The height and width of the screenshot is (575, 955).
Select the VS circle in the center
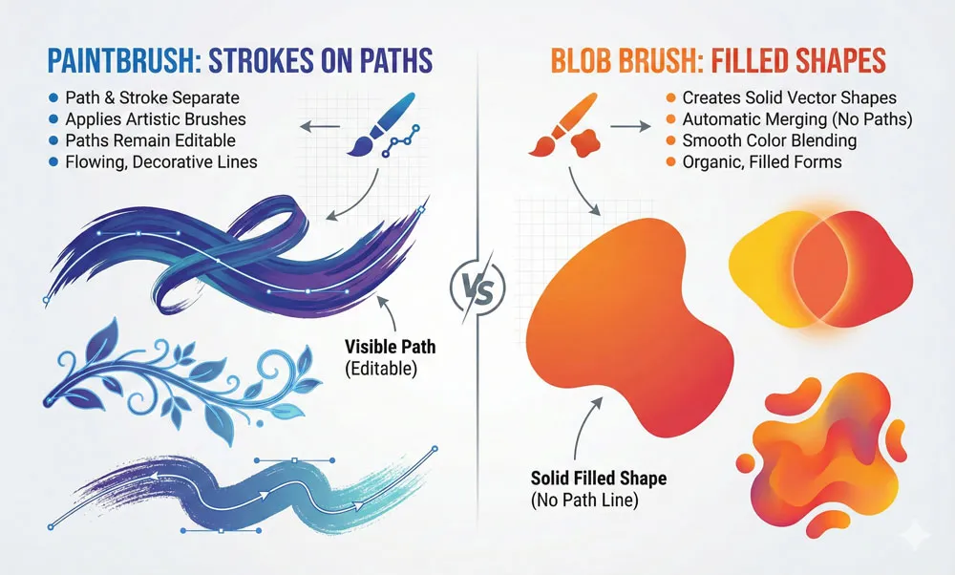coord(477,287)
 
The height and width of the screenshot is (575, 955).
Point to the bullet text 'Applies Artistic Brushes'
coord(156,120)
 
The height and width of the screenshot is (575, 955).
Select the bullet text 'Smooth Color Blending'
coord(756,140)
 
